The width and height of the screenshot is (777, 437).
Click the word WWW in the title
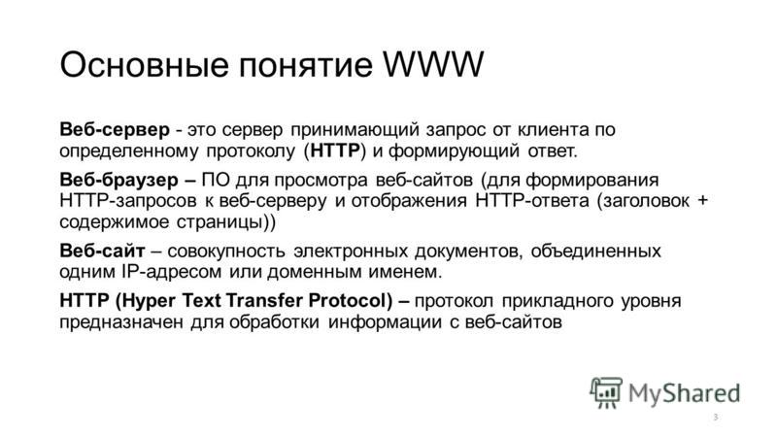433,64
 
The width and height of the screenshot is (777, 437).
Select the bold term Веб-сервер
115,129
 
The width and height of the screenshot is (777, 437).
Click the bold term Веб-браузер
118,180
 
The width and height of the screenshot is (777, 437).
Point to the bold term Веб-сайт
102,251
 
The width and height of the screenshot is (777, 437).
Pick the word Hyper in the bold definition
148,301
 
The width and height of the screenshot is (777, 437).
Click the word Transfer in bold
264,300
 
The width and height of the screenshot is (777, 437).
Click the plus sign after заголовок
702,201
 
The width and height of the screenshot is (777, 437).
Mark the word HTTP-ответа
532,201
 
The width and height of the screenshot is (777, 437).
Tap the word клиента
553,130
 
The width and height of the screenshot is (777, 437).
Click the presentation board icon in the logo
606,393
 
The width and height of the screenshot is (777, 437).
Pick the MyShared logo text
685,394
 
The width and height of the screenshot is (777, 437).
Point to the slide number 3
716,418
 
